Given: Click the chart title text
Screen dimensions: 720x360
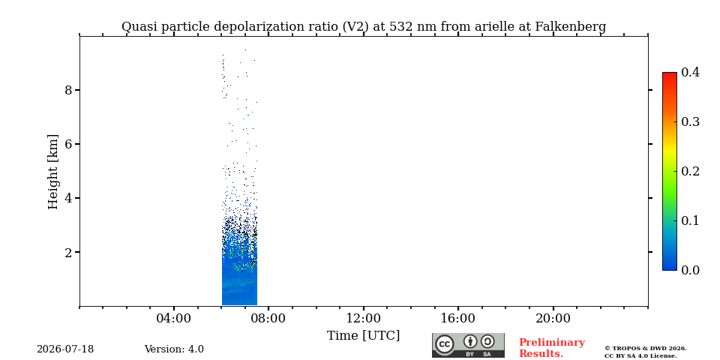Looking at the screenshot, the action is point(364,27).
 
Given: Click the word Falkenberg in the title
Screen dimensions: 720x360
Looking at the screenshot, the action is point(571,27).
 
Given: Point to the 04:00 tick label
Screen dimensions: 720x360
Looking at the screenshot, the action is point(174,319).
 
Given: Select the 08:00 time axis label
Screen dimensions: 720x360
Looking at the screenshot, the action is point(268,319).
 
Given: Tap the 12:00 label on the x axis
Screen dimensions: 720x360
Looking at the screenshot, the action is point(364,319).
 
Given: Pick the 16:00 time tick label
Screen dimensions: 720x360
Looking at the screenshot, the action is point(458,319).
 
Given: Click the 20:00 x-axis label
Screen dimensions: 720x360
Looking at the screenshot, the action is point(553,319).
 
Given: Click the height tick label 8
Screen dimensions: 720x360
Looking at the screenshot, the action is point(69,90).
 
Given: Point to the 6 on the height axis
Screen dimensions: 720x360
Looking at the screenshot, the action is point(69,144).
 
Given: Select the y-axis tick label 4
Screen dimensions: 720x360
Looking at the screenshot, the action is point(69,198).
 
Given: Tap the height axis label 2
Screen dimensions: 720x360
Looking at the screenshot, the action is point(69,252).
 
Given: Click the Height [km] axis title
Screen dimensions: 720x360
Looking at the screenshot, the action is point(53,172).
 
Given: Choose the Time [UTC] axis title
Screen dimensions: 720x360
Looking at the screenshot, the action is point(363,336).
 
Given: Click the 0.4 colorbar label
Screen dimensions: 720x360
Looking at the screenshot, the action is point(690,72).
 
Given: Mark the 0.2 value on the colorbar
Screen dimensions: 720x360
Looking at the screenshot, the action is point(690,171).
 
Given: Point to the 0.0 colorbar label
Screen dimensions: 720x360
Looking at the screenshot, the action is point(690,270).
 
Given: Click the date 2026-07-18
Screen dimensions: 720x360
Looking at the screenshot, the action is point(65,349).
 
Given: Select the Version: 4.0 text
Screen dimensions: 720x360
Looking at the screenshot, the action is point(174,349).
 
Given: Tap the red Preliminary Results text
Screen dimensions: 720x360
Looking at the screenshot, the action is point(552,348).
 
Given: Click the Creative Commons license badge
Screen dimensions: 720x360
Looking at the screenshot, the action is point(468,345).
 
